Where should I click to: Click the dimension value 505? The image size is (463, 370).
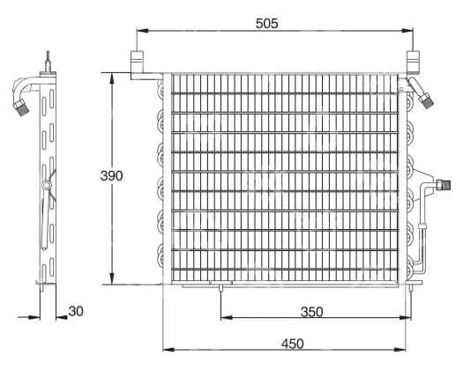click(266, 23)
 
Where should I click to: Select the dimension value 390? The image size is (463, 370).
click(111, 175)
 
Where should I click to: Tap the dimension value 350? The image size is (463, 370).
click(311, 312)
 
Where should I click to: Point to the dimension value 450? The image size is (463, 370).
click(292, 344)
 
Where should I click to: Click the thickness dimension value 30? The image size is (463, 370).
click(76, 311)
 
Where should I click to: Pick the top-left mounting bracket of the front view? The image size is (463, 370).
click(137, 62)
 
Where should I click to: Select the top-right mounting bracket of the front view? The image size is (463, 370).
click(413, 62)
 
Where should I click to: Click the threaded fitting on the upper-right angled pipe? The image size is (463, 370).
click(426, 100)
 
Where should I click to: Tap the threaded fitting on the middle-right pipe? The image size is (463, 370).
click(443, 185)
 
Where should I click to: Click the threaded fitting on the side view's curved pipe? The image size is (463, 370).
click(20, 107)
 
